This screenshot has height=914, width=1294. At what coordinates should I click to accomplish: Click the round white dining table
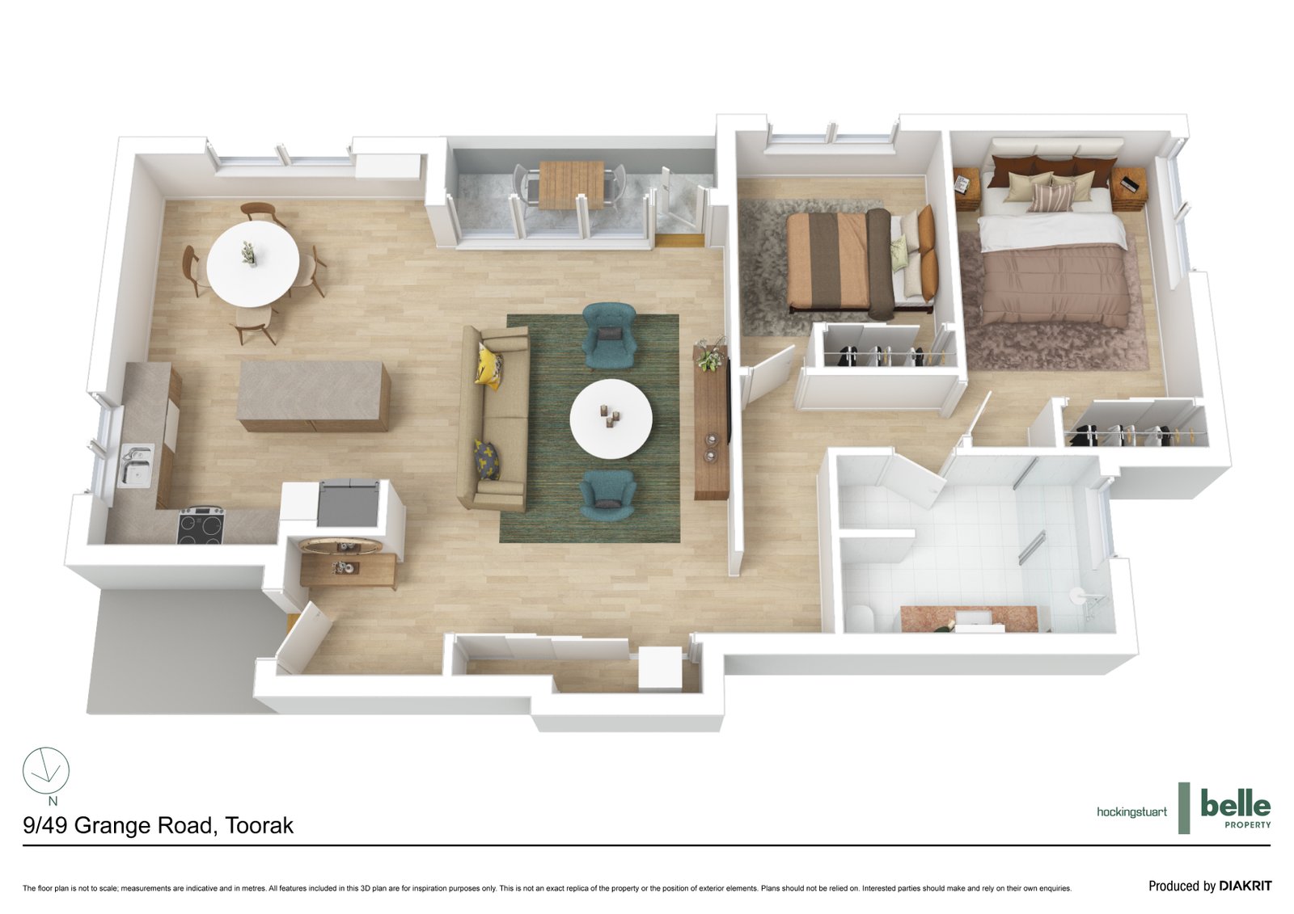252,263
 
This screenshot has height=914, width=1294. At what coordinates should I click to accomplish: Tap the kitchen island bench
313,394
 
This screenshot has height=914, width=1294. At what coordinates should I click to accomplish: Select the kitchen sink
137,465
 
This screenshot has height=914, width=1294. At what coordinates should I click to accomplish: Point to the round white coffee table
611,419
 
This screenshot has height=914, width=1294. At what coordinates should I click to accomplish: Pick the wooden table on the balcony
571,184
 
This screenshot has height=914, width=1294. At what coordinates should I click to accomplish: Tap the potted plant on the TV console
710,356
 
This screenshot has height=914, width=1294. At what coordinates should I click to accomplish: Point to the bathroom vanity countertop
969,618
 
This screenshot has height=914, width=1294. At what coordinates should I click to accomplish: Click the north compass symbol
46,770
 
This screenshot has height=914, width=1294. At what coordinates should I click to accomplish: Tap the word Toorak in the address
259,825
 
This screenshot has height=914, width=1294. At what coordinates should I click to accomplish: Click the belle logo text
1235,804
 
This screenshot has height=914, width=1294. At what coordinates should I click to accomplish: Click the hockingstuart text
1131,811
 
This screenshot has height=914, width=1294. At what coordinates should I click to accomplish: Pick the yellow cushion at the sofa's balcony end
489,364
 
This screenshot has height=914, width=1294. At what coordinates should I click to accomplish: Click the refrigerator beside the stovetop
349,502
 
